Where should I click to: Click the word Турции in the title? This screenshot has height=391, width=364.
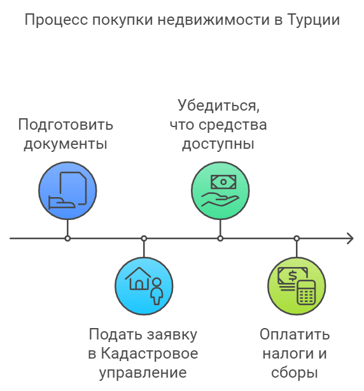[x=313, y=20]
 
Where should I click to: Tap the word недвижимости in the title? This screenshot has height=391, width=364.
[x=214, y=20]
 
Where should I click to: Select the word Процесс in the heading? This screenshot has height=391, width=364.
[x=56, y=20]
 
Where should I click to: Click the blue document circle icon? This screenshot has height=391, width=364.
[x=67, y=191]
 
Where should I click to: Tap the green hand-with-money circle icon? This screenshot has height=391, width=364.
[x=220, y=191]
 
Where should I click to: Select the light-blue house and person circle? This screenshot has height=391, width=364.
[x=144, y=286]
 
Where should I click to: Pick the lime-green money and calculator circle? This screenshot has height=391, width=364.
[x=297, y=286]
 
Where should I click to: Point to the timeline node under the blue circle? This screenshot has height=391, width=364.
[x=67, y=238]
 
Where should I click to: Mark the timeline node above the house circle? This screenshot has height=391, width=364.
[x=144, y=238]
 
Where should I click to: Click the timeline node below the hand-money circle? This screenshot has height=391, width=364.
[x=220, y=238]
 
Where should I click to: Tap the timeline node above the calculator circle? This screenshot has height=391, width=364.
[x=297, y=238]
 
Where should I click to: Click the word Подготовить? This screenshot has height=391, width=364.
[x=66, y=125]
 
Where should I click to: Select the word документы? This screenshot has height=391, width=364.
[x=66, y=144]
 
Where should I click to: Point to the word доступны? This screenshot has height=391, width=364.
[x=218, y=144]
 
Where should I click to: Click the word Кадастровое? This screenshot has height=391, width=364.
[x=150, y=353]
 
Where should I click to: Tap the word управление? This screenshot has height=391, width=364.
[x=143, y=373]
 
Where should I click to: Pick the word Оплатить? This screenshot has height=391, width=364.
[x=295, y=334]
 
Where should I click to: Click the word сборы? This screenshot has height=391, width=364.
[x=295, y=373]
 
